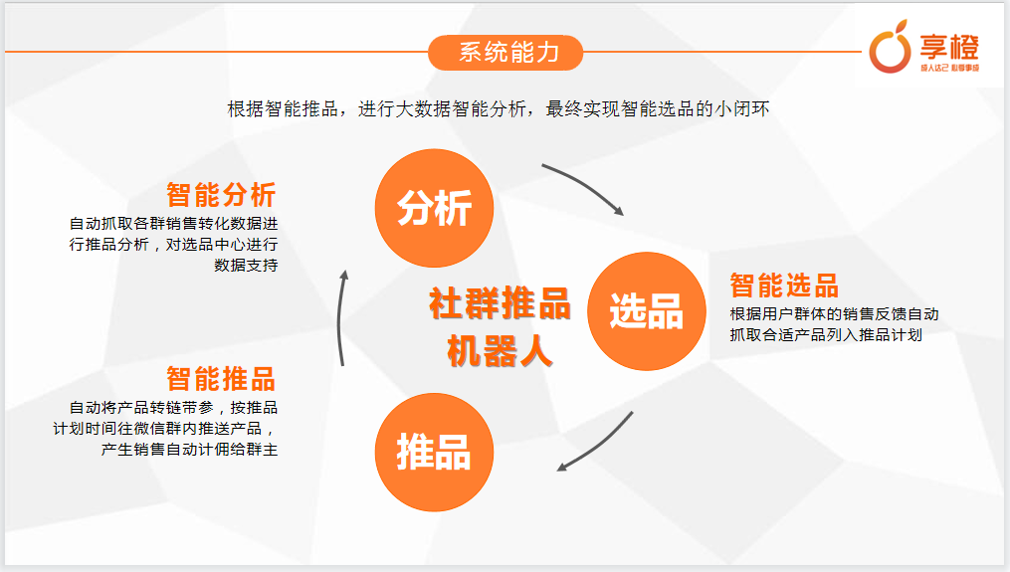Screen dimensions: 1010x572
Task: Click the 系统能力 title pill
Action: [x=505, y=52]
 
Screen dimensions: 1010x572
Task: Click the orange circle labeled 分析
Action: [x=434, y=208]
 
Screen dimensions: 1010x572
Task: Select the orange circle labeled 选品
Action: [x=647, y=311]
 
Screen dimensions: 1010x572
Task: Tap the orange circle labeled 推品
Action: [x=434, y=453]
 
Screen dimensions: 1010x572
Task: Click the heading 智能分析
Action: [x=222, y=195]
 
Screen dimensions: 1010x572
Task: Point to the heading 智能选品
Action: [x=784, y=286]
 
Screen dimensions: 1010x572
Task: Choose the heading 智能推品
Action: [x=222, y=379]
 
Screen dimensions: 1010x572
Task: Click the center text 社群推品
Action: [x=500, y=303]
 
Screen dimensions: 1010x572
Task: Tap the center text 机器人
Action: [x=501, y=351]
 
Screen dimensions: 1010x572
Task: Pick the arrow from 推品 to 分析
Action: [x=339, y=318]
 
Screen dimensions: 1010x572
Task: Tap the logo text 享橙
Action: [x=949, y=47]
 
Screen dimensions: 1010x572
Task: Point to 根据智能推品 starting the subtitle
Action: [x=283, y=108]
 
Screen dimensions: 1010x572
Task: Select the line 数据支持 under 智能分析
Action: [x=246, y=266]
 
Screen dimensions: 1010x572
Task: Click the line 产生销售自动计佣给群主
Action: [x=189, y=450]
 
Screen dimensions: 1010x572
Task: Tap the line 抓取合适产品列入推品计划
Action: [x=826, y=335]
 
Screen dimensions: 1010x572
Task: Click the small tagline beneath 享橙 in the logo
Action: [x=949, y=68]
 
